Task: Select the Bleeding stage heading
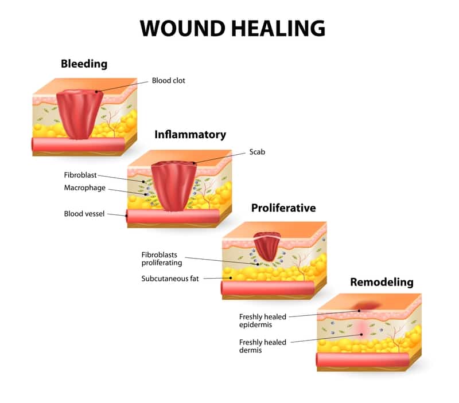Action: [84, 64]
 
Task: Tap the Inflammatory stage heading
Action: [190, 135]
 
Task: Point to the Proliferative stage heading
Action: [283, 208]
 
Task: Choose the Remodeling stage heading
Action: [382, 281]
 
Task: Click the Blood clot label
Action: [168, 81]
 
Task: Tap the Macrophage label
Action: [84, 187]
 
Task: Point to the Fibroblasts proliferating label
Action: [162, 258]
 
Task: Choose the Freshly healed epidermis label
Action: [263, 320]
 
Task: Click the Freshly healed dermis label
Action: [263, 346]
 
